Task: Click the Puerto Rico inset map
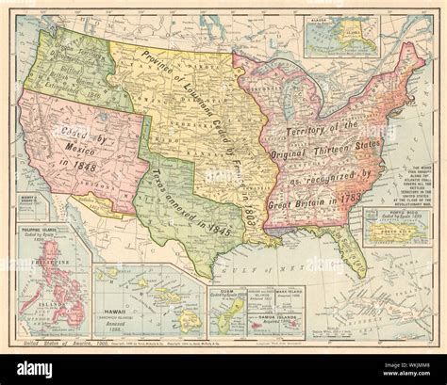coord(397,226)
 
